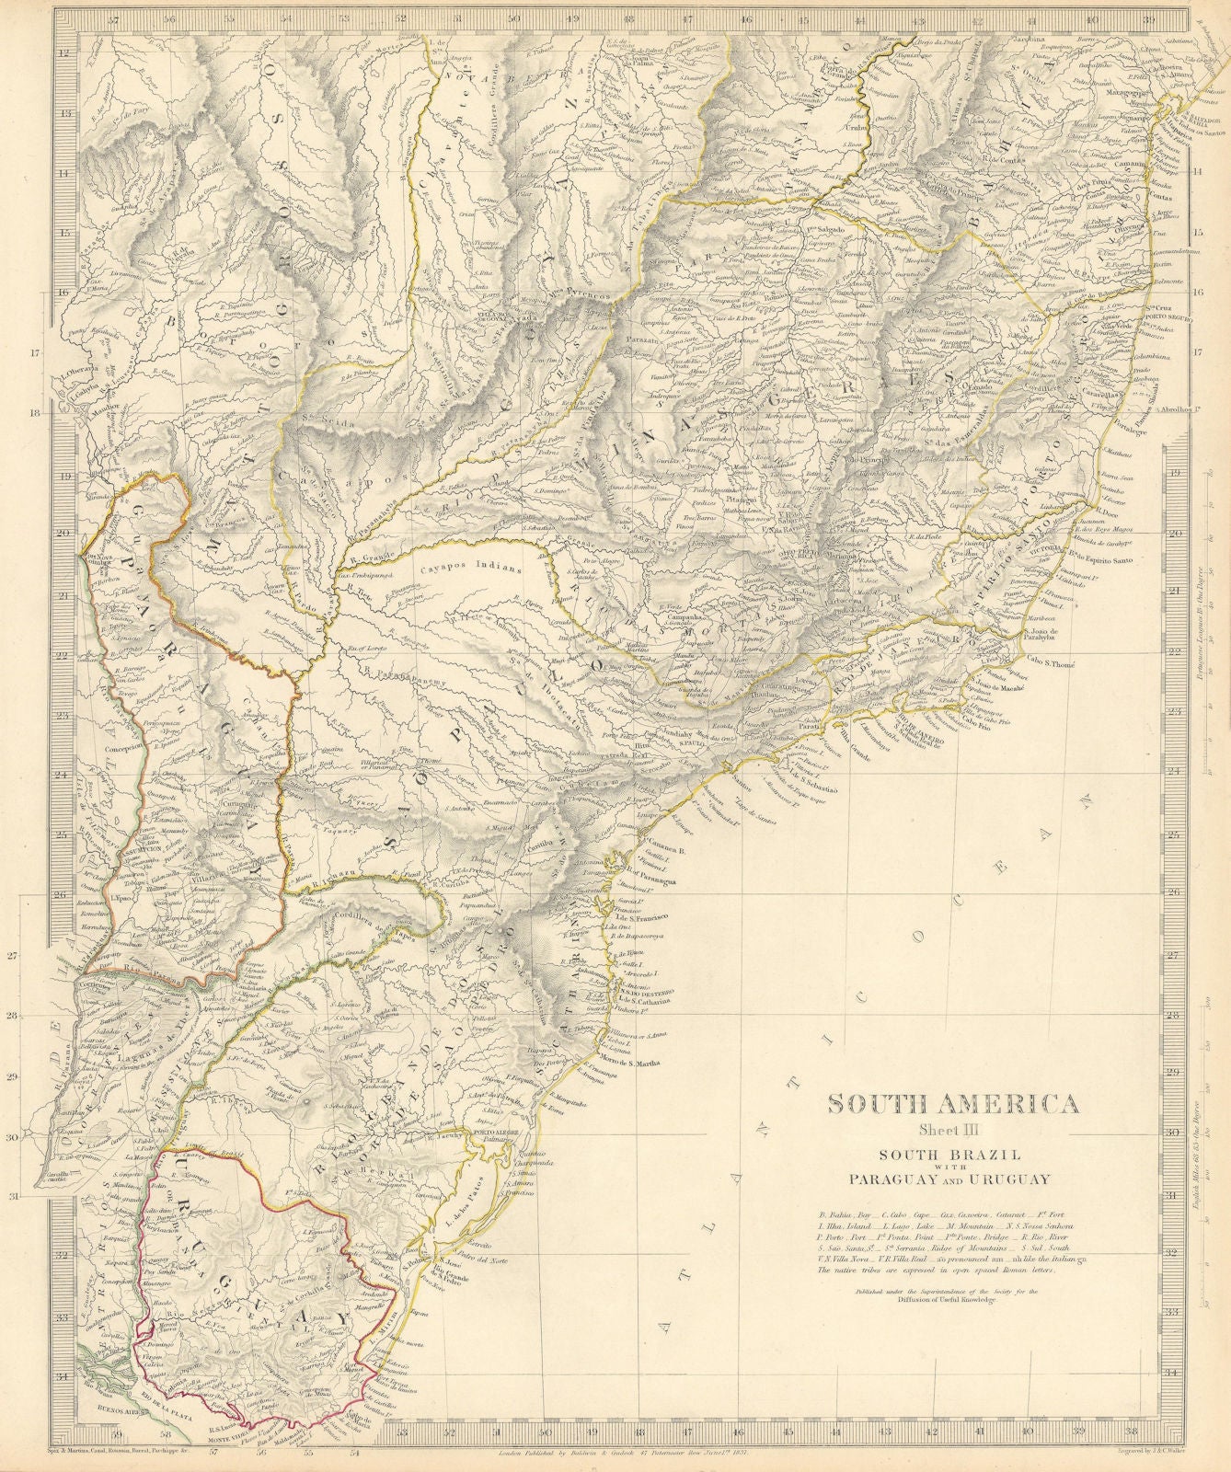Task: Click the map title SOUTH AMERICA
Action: click(952, 1104)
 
